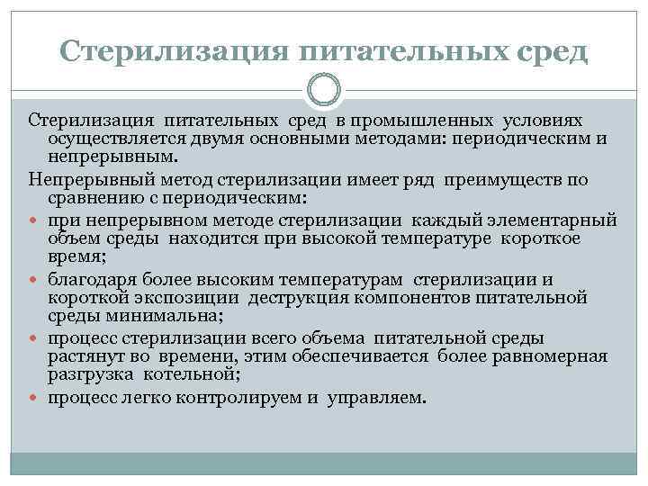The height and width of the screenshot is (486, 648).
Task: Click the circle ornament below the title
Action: (x=324, y=90)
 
